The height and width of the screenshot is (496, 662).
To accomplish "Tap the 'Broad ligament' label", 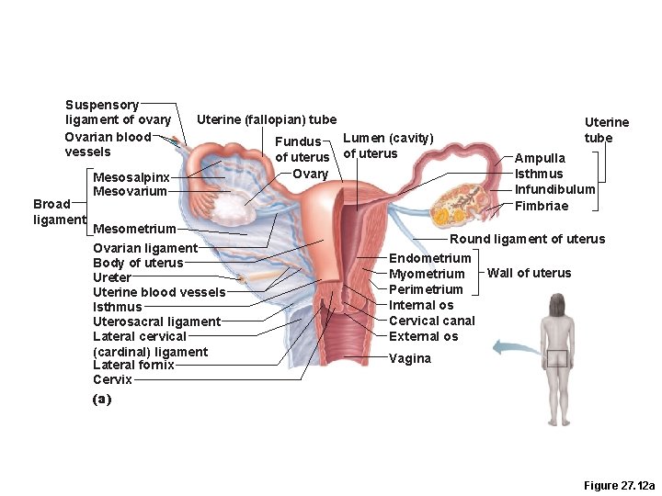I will (x=58, y=211).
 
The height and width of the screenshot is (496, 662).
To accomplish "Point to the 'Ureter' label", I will (x=111, y=277).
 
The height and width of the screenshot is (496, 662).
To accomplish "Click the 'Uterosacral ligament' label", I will (x=156, y=321).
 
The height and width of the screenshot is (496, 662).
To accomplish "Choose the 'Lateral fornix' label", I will (x=133, y=365).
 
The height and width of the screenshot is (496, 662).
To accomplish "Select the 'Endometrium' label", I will (x=429, y=258).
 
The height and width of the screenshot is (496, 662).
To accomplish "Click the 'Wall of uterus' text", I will (x=529, y=273).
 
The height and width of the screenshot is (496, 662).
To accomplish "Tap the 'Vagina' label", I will (x=409, y=358).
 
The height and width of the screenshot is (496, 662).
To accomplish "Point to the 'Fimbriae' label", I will (x=541, y=206).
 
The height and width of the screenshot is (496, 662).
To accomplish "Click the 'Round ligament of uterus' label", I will (x=526, y=239).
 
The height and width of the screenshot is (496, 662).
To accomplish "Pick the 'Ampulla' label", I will (x=540, y=158).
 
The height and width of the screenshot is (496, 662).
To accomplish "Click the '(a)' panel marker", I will (x=101, y=399).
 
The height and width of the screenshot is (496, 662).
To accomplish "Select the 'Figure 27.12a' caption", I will (x=620, y=484).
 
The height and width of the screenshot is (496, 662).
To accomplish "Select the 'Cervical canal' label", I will (x=431, y=321).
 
